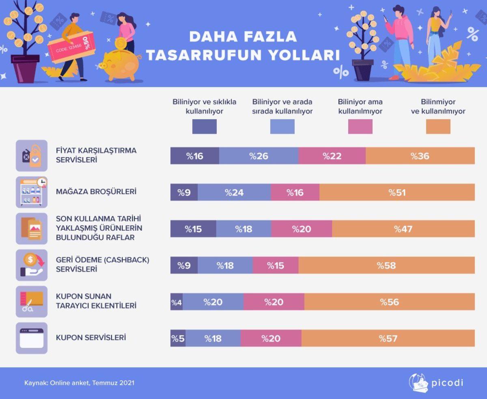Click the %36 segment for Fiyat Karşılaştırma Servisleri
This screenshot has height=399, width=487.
420,156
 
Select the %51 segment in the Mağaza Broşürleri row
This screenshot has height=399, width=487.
397,193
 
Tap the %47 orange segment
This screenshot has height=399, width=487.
403,229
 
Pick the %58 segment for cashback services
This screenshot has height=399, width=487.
386,266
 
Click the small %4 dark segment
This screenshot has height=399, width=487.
176,302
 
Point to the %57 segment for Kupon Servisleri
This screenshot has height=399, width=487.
388,339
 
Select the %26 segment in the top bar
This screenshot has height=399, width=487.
259,156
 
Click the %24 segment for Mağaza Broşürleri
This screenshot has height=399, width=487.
234,193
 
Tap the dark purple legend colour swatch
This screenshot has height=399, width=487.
204,127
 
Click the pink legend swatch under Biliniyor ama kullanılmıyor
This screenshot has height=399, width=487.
360,127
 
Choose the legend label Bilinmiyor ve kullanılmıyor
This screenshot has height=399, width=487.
438,106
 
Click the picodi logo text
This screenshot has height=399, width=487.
447,382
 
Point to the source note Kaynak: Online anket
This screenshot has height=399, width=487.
79,383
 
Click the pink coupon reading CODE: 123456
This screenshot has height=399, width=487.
71,48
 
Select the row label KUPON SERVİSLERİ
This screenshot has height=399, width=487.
91,337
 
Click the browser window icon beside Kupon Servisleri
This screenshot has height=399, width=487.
32,338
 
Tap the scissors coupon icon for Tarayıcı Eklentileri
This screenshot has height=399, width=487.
32,302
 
